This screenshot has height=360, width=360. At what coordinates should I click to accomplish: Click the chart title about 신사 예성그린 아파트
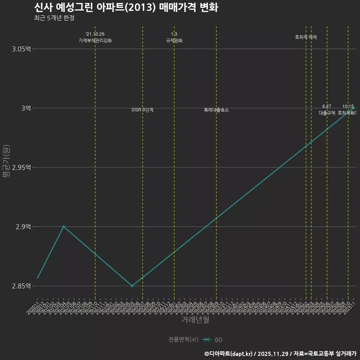coord(126,7)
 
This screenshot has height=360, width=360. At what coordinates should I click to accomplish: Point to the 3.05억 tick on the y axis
coord(21,49)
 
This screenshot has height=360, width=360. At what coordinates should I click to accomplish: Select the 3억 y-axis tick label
coord(25,108)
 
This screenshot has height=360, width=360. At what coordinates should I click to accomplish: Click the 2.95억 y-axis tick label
coord(21,167)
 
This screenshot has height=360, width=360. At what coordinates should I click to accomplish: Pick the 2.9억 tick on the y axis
coord(23,226)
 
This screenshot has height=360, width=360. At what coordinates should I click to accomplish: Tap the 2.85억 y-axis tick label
coord(21,286)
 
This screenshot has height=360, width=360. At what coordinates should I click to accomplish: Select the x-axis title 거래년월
coord(195,320)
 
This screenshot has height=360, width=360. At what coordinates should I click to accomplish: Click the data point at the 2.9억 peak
coord(64,226)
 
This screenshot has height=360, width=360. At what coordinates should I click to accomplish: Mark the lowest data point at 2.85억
coord(132,286)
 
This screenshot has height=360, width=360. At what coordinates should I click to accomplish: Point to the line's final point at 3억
coord(353,108)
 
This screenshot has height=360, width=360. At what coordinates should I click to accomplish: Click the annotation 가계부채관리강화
coord(95,40)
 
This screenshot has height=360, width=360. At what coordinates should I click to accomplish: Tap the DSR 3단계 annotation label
coord(142,110)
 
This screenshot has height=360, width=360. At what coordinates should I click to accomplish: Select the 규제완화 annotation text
coord(174,40)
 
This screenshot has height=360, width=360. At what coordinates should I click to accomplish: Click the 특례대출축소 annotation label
coord(216,110)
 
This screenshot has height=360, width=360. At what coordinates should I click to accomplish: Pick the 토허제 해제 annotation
coord(306,37)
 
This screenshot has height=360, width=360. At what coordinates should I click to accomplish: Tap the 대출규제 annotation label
coord(327,112)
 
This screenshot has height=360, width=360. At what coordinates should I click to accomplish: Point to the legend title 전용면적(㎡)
coord(183,340)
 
